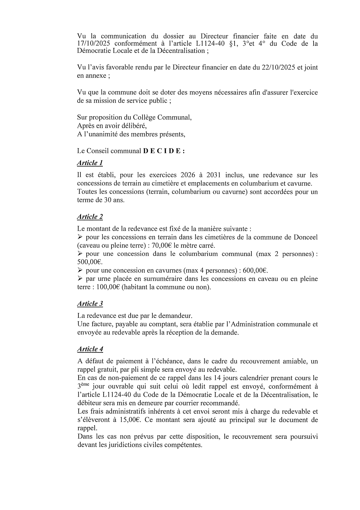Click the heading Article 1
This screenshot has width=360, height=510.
[90, 163]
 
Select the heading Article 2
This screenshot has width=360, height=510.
[90, 217]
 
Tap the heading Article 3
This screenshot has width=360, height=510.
[90, 304]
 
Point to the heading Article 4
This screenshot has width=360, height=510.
[90, 349]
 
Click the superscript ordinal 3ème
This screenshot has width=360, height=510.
[83, 386]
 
